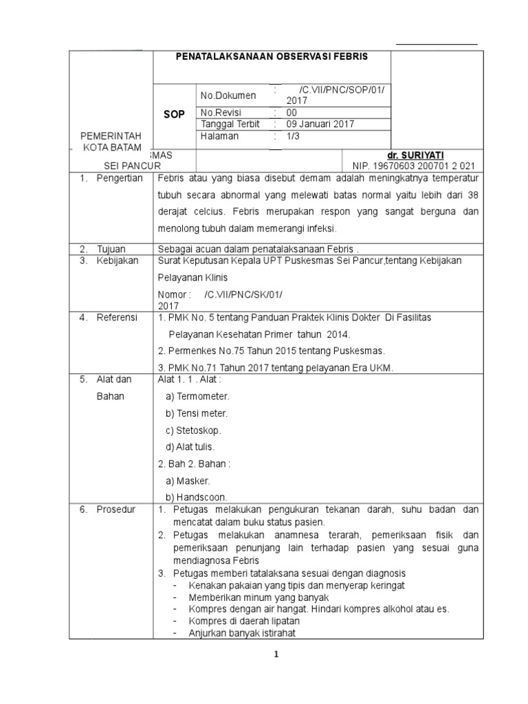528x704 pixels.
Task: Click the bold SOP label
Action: pyautogui.click(x=175, y=115)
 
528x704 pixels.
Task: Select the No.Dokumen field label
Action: pyautogui.click(x=228, y=96)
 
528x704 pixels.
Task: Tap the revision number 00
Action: pyautogui.click(x=292, y=113)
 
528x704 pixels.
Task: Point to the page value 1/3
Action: pyautogui.click(x=294, y=136)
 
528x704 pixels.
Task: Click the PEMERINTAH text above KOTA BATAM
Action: pyautogui.click(x=111, y=137)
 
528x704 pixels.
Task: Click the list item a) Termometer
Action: pyautogui.click(x=198, y=397)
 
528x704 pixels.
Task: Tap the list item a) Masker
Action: pyautogui.click(x=188, y=480)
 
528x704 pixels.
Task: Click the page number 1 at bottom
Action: pyautogui.click(x=276, y=655)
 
